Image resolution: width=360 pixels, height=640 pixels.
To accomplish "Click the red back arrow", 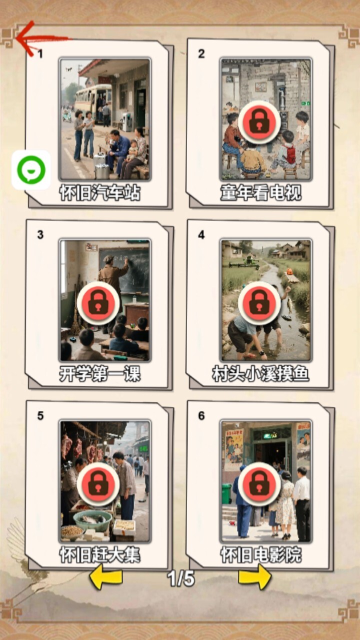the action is coord(43,38).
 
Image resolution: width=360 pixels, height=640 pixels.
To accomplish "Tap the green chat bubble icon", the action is coord(31,169).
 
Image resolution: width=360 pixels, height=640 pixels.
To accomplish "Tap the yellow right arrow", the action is coord(255,578).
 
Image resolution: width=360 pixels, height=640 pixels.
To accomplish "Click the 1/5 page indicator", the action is coord(181,578).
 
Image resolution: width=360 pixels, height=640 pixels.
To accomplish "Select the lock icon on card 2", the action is coord(259,122).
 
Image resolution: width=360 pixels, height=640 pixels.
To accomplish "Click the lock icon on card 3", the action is coord(98,303).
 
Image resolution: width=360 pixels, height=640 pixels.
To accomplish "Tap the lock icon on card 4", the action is coord(259,303).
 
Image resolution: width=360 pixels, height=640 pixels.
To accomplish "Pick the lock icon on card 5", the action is coord(98,484).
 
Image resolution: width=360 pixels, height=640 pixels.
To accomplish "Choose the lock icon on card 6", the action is coord(259,484).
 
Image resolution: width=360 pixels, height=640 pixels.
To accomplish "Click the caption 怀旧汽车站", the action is coord(100,193).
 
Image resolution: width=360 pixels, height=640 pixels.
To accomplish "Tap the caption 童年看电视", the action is coord(261,193).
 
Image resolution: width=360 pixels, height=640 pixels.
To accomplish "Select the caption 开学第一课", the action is coord(100,373).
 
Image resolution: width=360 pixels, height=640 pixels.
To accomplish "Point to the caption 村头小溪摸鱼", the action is coord(261,373).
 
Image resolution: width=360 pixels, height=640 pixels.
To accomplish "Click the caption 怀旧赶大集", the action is coord(100,555).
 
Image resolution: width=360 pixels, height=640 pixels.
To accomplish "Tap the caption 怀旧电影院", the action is coord(261,555).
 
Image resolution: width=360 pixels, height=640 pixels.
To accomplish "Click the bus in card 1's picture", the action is coord(93,101).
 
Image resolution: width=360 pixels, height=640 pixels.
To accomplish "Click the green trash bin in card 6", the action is coord(226,493).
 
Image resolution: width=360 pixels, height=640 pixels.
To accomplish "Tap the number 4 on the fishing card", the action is coord(201,235).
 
